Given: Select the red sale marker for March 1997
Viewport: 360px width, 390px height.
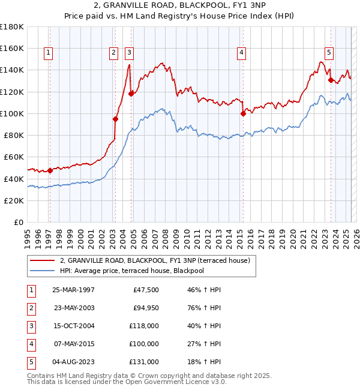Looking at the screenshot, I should click(50, 170).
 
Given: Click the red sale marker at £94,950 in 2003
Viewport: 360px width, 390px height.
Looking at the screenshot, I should click(116, 119).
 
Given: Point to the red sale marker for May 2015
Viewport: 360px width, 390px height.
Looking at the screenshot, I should click(243, 113).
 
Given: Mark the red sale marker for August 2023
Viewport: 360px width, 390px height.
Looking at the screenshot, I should click(331, 80).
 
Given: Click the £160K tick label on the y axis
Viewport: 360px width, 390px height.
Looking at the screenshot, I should click(12, 48).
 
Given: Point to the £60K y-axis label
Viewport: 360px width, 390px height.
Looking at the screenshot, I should click(14, 157).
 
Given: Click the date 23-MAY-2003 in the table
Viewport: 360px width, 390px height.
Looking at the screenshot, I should click(74, 308).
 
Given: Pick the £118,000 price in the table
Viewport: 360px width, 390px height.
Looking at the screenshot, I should click(145, 326).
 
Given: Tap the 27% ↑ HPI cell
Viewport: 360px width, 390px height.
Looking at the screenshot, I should click(205, 344).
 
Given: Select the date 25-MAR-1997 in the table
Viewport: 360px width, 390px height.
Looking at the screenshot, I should click(74, 290).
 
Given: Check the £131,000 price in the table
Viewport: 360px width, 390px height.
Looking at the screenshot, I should click(145, 362).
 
